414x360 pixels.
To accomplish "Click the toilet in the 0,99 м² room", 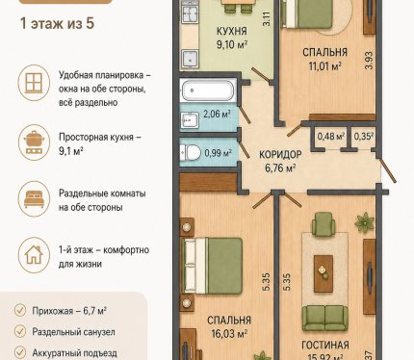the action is [x=190, y=152].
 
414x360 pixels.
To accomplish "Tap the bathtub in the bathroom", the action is [x=208, y=90].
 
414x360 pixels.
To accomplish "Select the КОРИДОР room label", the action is [x=280, y=154].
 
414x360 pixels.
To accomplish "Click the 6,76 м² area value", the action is [x=280, y=167].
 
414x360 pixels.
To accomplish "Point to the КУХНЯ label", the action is [x=232, y=31].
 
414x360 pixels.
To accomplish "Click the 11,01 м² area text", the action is [x=324, y=66].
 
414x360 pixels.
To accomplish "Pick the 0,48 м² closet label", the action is [x=331, y=137].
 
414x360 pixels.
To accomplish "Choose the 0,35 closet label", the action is [x=364, y=137].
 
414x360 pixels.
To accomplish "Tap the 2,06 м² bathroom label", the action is [x=217, y=114].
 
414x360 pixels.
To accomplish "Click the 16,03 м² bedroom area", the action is [x=229, y=334].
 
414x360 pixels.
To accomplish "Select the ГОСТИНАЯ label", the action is [x=325, y=345].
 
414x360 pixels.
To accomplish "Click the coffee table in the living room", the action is [x=323, y=273].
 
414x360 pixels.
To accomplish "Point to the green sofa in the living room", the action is [x=324, y=319].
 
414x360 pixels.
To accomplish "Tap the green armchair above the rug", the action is [x=323, y=223].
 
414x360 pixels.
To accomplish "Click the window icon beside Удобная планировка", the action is [x=34, y=83].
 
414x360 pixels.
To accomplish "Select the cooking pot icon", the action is [x=34, y=141].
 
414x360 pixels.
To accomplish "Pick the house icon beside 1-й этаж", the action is [x=34, y=255].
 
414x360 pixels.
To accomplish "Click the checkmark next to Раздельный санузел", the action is [x=20, y=331].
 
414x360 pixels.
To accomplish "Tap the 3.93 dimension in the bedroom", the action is [x=369, y=61].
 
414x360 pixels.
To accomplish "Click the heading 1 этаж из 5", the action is [x=57, y=24].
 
